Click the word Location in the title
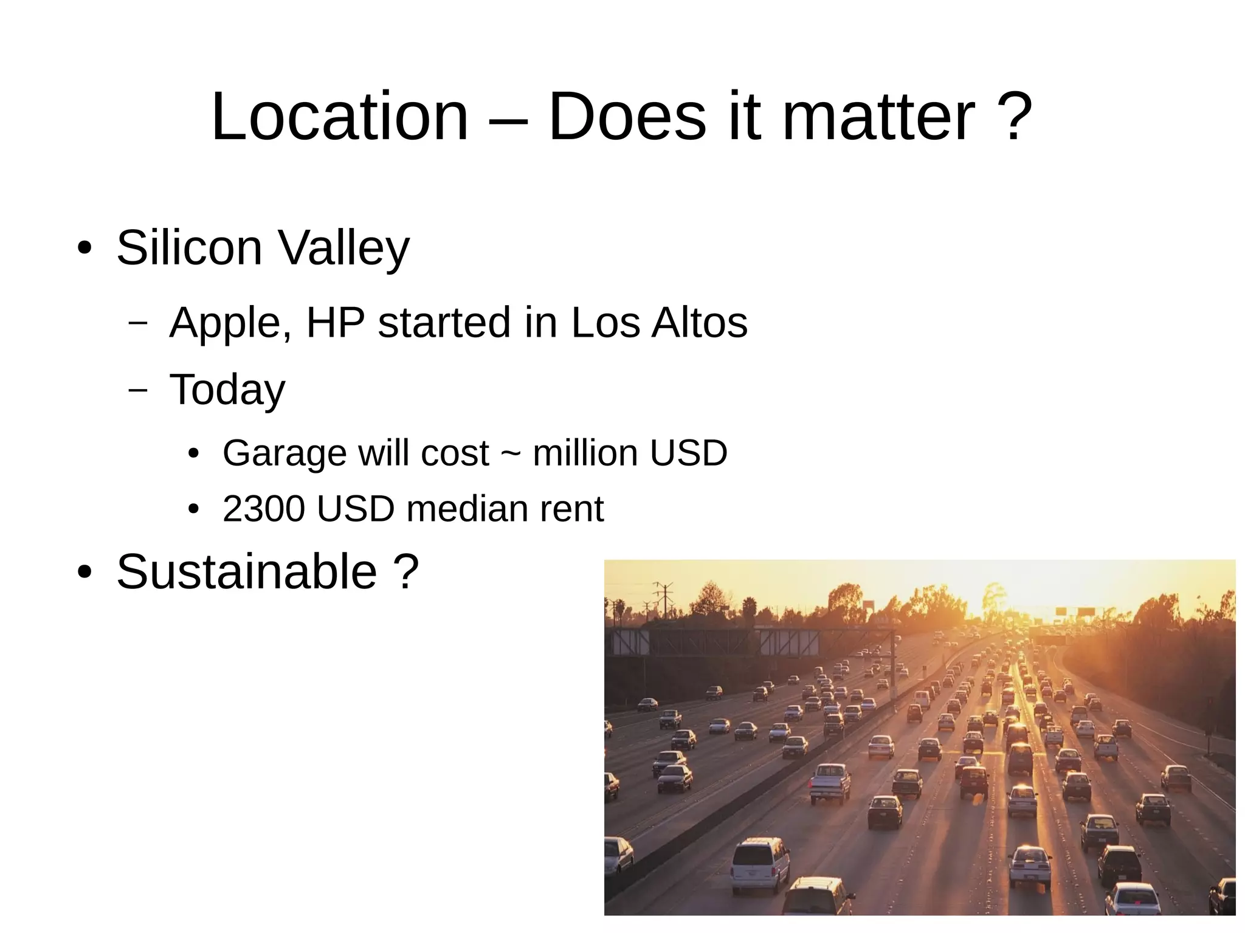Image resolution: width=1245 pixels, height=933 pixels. click(x=339, y=116)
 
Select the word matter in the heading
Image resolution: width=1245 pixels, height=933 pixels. click(x=878, y=116)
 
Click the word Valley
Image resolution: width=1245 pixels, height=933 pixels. click(x=343, y=248)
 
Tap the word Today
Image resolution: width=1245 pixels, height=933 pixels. click(x=227, y=390)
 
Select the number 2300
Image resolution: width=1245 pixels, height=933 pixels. click(x=264, y=509)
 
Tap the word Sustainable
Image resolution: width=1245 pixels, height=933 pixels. click(x=247, y=572)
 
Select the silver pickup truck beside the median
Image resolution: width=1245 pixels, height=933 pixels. click(x=830, y=782)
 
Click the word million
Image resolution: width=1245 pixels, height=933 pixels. click(x=585, y=453)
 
